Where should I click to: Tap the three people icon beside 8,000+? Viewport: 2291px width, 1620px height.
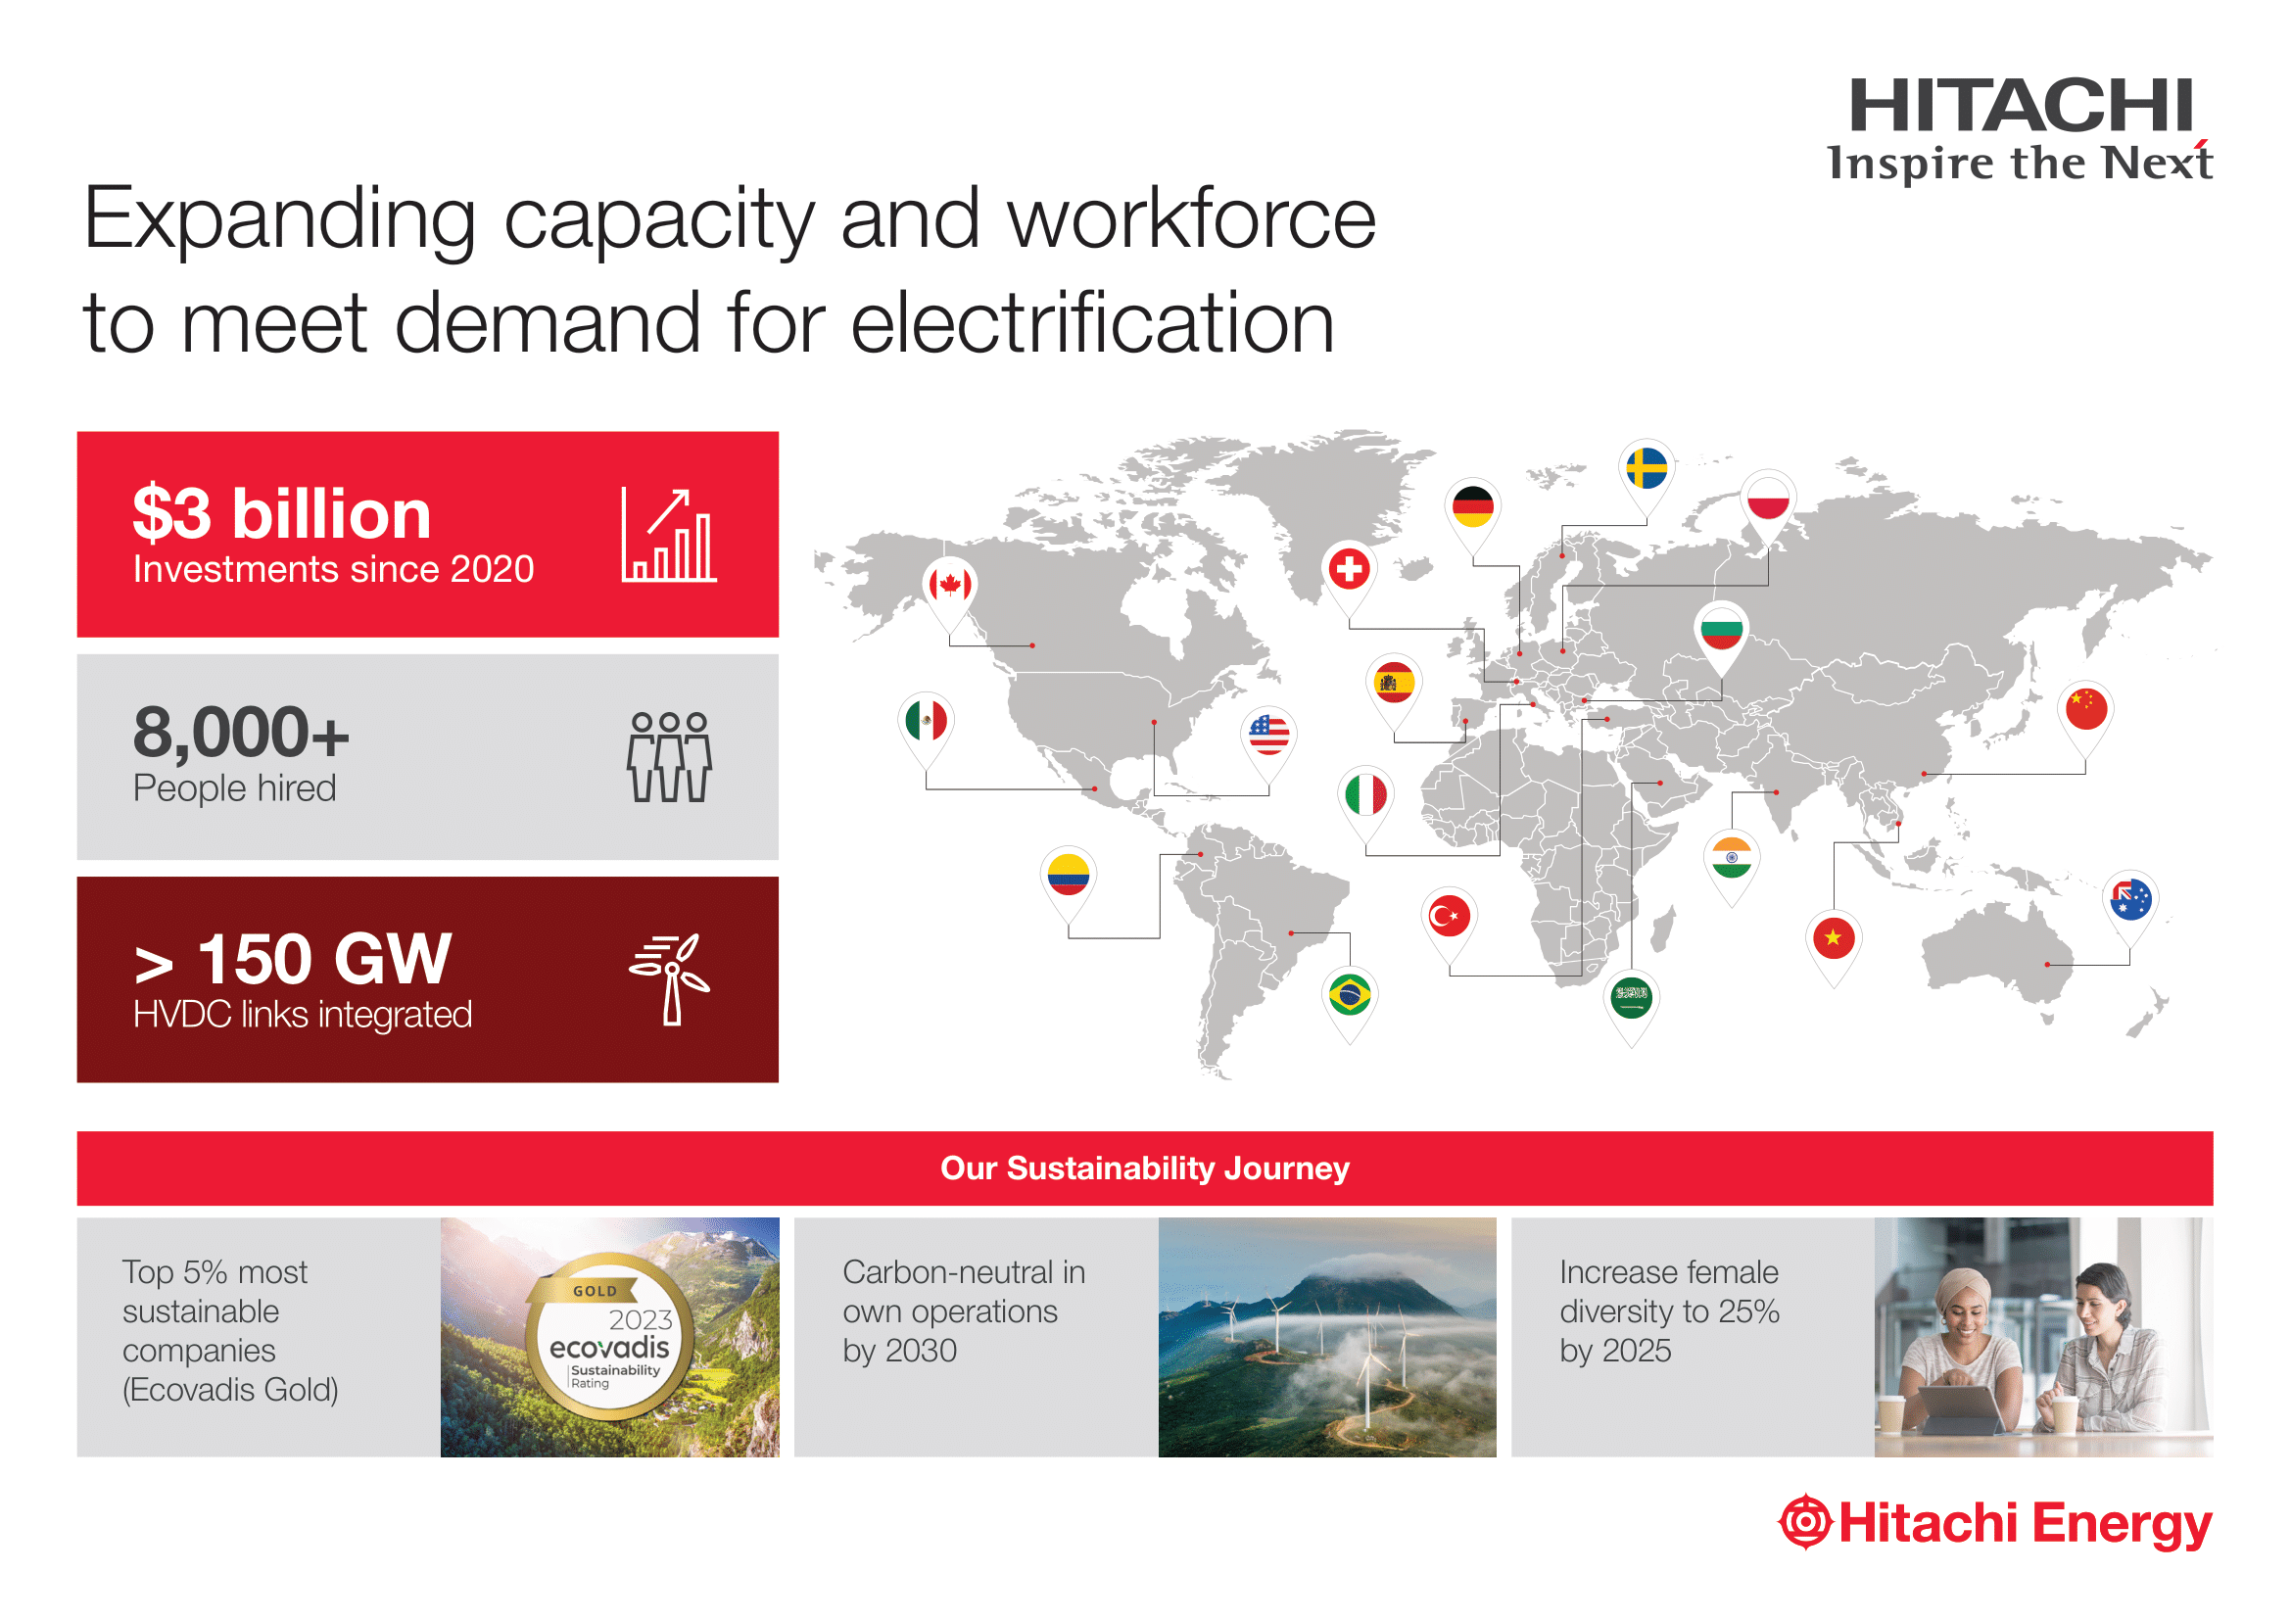coord(669,757)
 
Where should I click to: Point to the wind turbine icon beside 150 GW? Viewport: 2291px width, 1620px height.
coord(670,978)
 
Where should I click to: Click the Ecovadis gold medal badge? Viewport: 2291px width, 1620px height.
coord(608,1336)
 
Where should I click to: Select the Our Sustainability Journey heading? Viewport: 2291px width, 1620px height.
coord(1144,1168)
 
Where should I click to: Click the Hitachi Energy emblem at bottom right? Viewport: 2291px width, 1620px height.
coord(1805,1522)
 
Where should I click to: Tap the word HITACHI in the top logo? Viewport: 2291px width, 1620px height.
coord(2021,106)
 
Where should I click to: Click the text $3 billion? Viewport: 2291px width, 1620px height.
coord(282,514)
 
